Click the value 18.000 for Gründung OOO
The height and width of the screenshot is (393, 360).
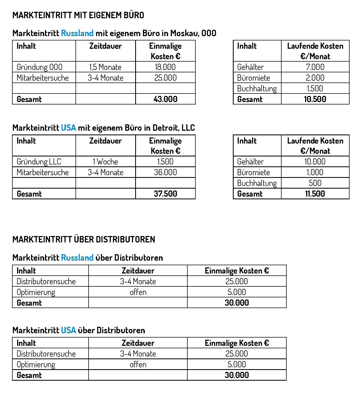pos(165,67)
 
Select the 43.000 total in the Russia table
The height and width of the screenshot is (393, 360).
pos(165,99)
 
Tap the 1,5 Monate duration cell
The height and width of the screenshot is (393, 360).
pos(105,67)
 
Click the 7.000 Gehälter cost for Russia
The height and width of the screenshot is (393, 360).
pos(315,67)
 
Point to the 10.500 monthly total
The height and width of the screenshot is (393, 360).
pos(315,99)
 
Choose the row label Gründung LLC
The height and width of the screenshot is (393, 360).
pos(39,162)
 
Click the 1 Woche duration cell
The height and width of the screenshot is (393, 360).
pos(105,162)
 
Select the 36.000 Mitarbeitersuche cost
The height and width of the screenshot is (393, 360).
pos(165,172)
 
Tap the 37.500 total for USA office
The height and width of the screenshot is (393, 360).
pos(165,194)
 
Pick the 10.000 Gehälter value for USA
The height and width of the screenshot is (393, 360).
pos(315,162)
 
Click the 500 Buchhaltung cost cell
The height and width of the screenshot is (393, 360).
pos(315,183)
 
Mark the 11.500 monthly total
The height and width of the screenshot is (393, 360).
pos(315,194)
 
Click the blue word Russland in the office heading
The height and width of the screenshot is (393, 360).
pos(77,33)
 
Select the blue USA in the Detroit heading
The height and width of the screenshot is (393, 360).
pos(69,128)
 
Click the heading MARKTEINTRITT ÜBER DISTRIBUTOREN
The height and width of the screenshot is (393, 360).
pos(84,239)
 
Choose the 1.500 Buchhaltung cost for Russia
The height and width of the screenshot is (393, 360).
pos(315,88)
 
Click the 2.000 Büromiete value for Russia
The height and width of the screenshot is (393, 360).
pos(315,78)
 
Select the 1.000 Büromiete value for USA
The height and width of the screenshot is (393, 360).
pos(315,172)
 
